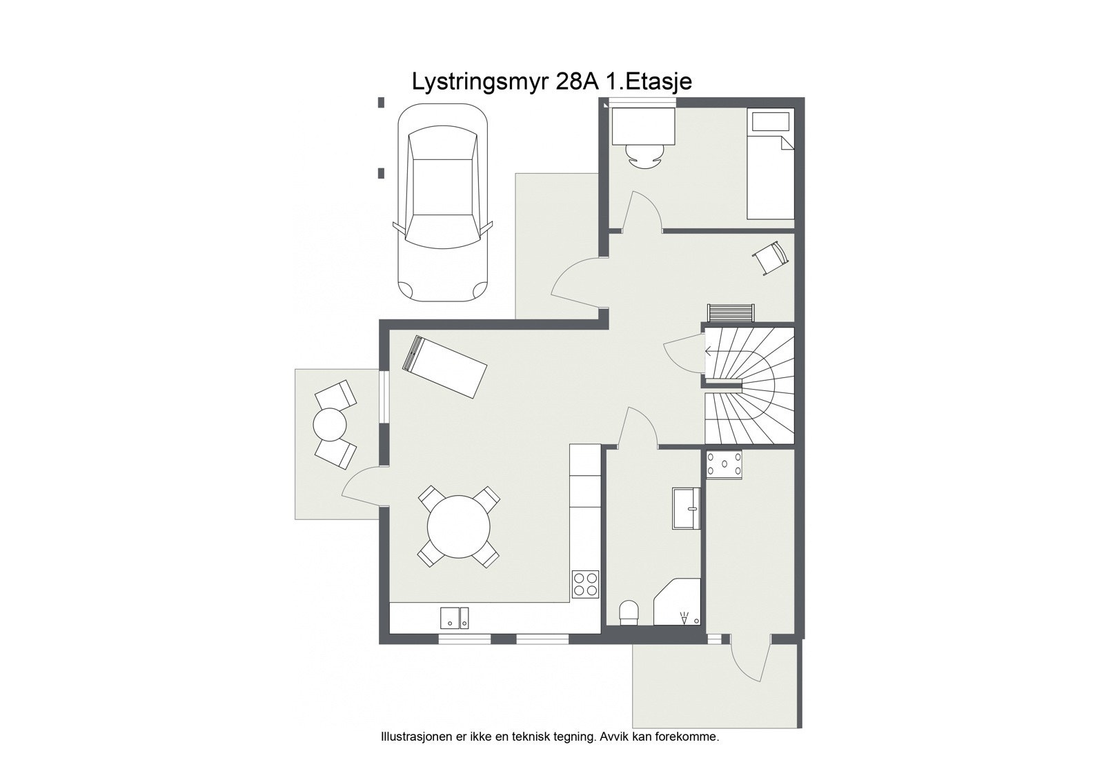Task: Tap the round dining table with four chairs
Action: point(458,528)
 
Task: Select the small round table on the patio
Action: point(330,424)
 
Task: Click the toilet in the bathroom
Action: point(629,612)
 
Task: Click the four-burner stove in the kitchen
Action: point(586,584)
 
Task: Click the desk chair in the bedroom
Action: point(643,157)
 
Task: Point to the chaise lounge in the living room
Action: point(445,366)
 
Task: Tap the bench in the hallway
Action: point(731,313)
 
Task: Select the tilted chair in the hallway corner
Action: point(770,258)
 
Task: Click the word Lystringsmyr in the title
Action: point(480,81)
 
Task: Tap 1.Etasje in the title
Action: point(649,81)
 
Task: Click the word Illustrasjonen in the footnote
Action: point(413,737)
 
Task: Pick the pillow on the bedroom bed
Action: point(770,122)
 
